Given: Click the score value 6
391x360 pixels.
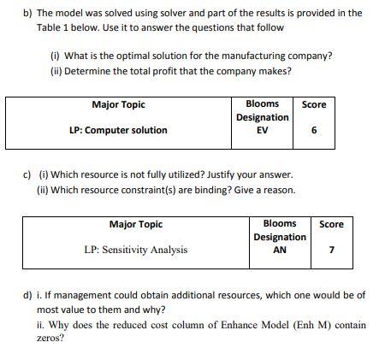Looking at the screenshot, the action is [x=315, y=131].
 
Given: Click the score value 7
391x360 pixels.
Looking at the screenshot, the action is [x=331, y=251].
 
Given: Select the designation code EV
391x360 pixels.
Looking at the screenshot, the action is [x=262, y=131].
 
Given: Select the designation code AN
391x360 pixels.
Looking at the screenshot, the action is [x=279, y=251].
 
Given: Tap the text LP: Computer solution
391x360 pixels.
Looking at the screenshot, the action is [x=118, y=131].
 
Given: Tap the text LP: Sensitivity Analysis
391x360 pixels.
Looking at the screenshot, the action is [x=136, y=251].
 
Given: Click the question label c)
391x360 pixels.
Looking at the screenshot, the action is [x=28, y=174].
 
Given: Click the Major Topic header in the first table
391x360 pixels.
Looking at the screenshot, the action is [x=118, y=104].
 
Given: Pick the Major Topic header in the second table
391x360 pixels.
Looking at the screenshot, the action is [x=136, y=224].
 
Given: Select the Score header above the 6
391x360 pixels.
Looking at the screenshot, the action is [x=314, y=104].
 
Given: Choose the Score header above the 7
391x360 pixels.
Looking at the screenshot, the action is [x=331, y=224].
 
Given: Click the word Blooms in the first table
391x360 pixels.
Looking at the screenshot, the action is [x=262, y=103].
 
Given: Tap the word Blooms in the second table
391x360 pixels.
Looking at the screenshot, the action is [x=280, y=223].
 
